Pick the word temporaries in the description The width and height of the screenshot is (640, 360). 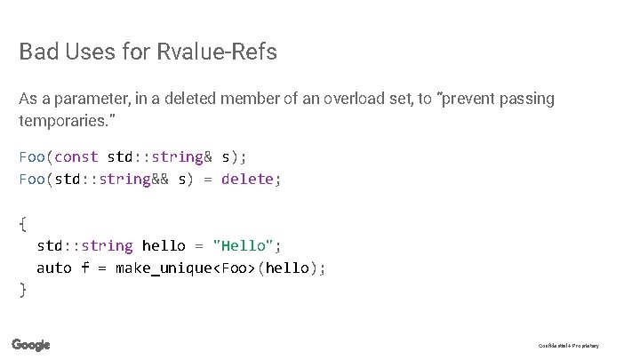tap(60, 118)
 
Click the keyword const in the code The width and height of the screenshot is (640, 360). tap(76, 157)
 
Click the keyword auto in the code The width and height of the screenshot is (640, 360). tap(53, 268)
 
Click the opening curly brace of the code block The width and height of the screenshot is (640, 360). tap(23, 223)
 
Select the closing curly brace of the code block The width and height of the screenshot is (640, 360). tap(23, 289)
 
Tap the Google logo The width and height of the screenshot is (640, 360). tap(31, 345)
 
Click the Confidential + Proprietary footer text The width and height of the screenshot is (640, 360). tap(569, 346)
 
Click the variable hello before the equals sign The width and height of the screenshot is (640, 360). tap(164, 245)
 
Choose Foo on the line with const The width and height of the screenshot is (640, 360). tap(32, 157)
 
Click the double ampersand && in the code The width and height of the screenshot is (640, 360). tap(160, 180)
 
